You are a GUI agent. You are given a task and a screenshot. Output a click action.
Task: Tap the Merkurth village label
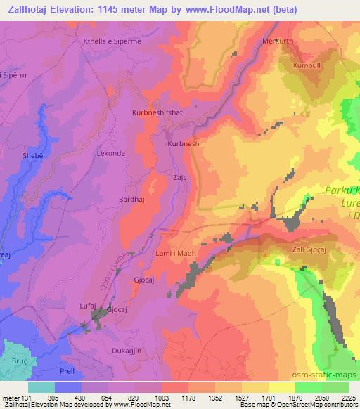(x=278, y=41)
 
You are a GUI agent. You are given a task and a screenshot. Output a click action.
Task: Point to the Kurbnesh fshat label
(x=158, y=112)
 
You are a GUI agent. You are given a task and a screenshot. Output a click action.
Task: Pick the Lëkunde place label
(x=110, y=152)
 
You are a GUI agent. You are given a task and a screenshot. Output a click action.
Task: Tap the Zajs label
(x=180, y=178)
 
